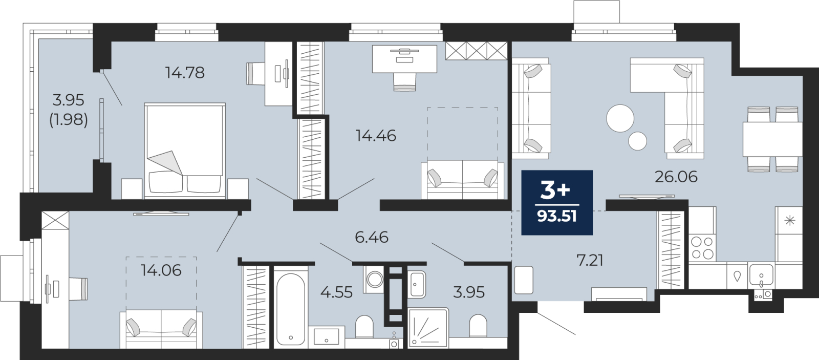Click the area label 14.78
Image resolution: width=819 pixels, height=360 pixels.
[185, 73]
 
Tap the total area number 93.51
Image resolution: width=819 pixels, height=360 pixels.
[557, 216]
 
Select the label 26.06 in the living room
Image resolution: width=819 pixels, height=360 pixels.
[676, 177]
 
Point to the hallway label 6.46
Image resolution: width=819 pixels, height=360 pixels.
[372, 237]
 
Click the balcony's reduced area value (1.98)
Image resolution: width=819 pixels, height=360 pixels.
[69, 120]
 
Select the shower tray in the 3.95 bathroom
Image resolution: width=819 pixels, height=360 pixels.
[428, 328]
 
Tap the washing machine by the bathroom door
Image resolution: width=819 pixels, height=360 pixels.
[374, 279]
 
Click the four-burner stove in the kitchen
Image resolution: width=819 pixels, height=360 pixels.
[702, 248]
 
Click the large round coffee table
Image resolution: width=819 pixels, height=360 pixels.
[620, 118]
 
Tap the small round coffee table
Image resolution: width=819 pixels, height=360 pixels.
[638, 140]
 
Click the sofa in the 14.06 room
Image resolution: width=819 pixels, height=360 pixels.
[161, 329]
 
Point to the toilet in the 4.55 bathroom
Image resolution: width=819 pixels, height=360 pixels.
[364, 326]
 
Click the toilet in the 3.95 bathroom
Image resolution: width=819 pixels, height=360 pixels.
[478, 325]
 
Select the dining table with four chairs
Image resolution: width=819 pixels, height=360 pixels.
[772, 139]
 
